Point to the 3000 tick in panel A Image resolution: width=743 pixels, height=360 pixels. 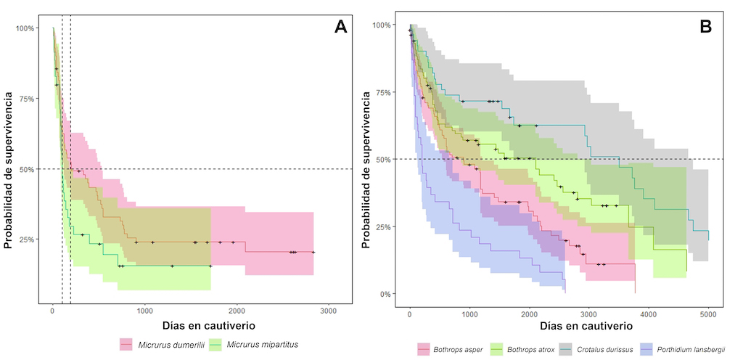click(328, 311)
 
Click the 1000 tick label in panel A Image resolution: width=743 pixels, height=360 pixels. click(144, 311)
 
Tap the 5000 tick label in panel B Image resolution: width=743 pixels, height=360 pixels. click(709, 315)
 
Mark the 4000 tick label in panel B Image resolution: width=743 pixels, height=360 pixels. click(649, 315)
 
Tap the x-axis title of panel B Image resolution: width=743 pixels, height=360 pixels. click(559, 329)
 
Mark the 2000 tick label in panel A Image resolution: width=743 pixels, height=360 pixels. click(237, 311)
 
